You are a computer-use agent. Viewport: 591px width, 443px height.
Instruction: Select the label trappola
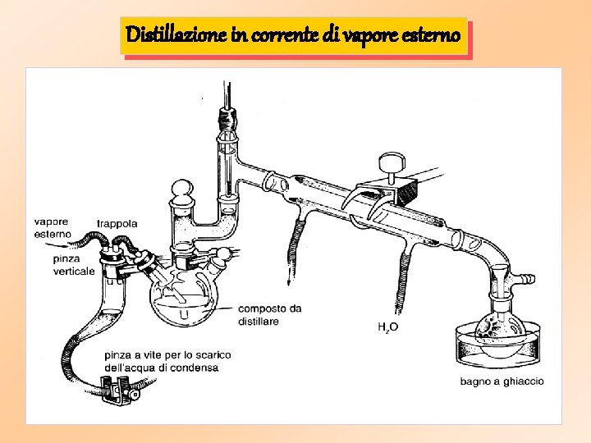[x=117, y=223]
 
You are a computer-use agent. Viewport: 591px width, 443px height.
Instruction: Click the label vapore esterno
[x=52, y=227]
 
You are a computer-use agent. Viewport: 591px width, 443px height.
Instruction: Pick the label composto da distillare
[x=269, y=315]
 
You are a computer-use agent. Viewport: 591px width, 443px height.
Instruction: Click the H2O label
[x=388, y=327]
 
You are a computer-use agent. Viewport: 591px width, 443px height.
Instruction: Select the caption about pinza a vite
[x=167, y=361]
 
